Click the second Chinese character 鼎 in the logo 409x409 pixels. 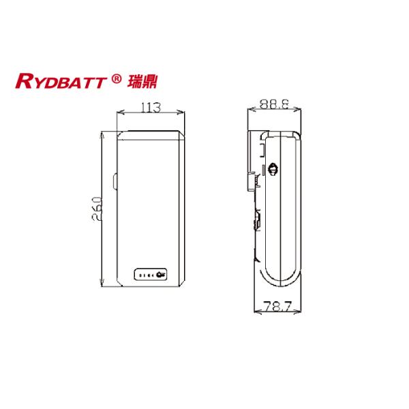[x=152, y=82]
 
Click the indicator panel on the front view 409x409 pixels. [x=149, y=275]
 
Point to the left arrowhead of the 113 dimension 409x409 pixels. [x=120, y=114]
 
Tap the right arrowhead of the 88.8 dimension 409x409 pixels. [x=299, y=113]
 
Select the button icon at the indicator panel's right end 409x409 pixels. [x=161, y=275]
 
